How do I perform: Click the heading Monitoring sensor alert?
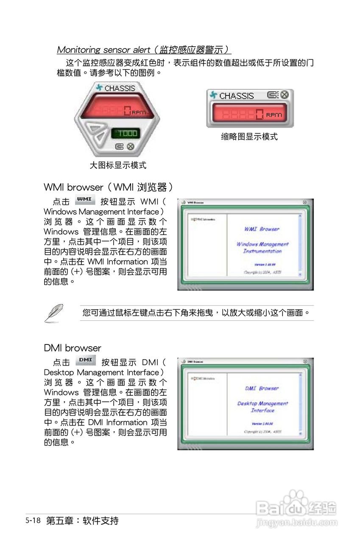144,50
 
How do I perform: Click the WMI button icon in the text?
84,199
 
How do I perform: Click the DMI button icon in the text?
85,360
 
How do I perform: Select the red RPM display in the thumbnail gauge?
249,114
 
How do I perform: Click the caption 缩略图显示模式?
249,137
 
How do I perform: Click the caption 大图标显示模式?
117,165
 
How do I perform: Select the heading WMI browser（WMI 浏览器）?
108,187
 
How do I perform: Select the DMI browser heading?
73,348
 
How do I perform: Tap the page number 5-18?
33,520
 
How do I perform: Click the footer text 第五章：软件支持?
82,521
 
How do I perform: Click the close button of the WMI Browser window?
305,202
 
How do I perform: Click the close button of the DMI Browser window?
305,361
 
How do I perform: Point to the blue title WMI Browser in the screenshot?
262,229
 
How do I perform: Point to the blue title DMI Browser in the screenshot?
262,389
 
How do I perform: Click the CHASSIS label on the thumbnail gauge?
236,96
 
